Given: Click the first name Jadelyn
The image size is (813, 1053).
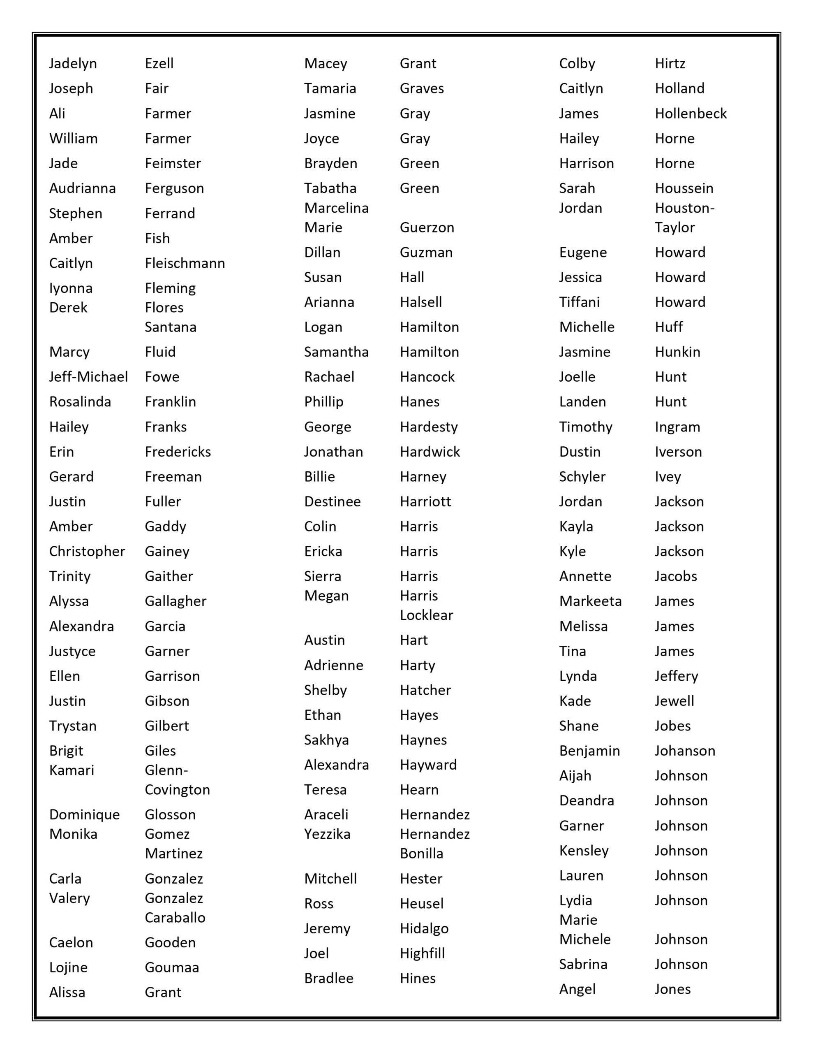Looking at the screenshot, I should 73,64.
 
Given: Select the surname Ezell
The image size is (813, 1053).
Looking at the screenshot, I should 159,64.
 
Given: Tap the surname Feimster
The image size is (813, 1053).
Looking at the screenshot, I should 173,163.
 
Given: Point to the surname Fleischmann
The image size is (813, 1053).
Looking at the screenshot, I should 185,263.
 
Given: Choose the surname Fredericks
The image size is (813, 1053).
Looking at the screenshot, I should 178,452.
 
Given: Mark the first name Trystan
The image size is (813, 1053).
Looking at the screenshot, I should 73,726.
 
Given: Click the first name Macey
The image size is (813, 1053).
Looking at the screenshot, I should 325,64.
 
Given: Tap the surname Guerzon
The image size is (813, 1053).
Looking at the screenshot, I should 427,227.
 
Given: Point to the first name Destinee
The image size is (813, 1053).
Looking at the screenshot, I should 332,501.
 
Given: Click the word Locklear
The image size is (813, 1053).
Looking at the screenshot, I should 426,615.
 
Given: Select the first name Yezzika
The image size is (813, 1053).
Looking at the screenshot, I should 327,834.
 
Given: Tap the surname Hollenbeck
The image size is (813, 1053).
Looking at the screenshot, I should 690,114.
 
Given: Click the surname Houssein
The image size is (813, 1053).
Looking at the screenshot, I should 684,188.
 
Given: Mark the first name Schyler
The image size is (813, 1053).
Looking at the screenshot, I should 582,477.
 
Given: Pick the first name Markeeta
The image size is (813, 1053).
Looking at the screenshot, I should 590,601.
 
